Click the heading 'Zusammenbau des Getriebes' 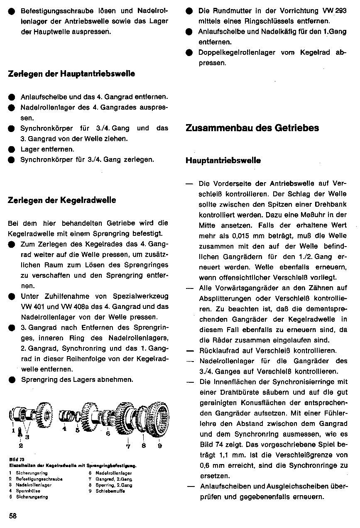(x=252, y=128)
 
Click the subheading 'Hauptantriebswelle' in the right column (x=223, y=161)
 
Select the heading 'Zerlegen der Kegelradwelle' (x=62, y=200)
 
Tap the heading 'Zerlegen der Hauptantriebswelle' (x=71, y=74)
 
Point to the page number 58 (x=12, y=516)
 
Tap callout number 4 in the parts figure (x=64, y=429)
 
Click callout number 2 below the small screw (x=20, y=445)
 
